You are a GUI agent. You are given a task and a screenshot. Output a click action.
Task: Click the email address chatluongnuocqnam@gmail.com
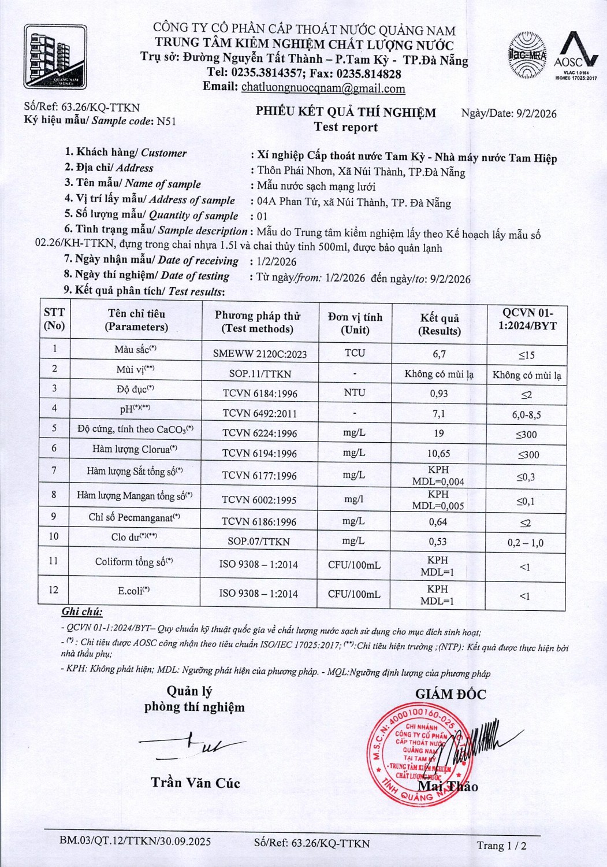point(323,88)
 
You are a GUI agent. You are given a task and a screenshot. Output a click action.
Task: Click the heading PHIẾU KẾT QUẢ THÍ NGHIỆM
point(346,112)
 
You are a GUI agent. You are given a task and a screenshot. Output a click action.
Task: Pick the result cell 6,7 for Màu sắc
point(439,354)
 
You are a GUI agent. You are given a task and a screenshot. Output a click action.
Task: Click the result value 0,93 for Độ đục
point(439,393)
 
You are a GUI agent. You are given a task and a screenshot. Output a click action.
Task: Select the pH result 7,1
point(439,414)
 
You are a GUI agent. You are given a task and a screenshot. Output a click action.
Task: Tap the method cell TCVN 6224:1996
point(260,433)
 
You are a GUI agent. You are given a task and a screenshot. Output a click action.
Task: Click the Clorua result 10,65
point(439,454)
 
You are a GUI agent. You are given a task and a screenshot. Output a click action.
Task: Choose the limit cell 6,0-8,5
point(526,414)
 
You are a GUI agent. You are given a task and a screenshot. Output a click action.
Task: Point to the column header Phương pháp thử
point(258,322)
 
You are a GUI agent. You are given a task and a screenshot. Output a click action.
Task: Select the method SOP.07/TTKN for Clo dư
point(259,542)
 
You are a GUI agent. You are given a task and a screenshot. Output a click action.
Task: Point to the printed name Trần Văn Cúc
point(195,783)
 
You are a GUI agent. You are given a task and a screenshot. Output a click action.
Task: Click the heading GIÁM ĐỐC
point(450,694)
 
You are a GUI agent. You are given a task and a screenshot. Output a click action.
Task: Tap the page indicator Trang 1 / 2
point(501,846)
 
